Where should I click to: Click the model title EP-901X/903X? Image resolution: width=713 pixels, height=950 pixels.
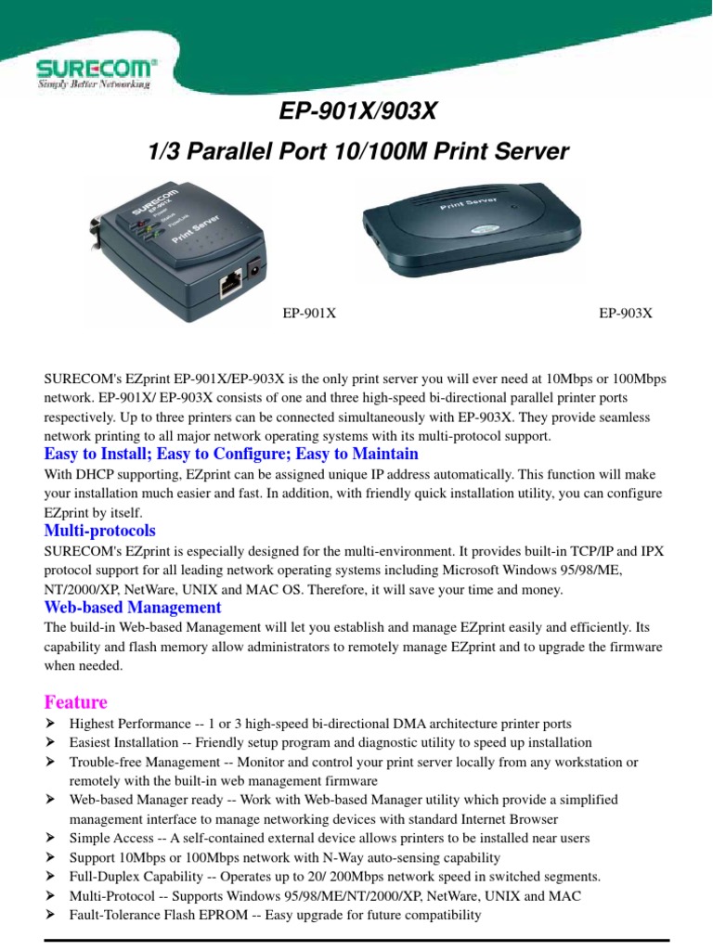357,113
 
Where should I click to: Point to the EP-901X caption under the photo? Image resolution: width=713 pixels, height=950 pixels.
309,314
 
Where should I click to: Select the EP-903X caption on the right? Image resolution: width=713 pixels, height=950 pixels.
625,314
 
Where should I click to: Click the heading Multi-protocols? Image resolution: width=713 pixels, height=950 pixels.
100,531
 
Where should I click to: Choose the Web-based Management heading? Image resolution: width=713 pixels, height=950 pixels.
133,608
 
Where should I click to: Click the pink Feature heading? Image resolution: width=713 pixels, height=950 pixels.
76,701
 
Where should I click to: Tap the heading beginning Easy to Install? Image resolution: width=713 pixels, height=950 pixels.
231,454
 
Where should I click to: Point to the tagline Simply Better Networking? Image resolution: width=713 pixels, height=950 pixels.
92,84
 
